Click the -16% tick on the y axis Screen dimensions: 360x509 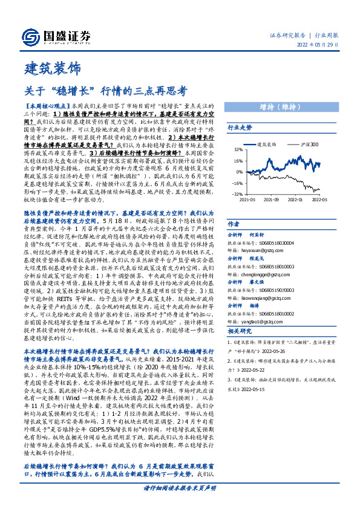[x=238, y=183]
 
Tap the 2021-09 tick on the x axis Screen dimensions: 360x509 [x=272, y=198]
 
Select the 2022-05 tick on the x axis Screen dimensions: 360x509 [x=320, y=198]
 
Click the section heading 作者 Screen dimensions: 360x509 [x=233, y=224]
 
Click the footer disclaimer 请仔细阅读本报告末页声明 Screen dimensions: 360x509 [x=180, y=504]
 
